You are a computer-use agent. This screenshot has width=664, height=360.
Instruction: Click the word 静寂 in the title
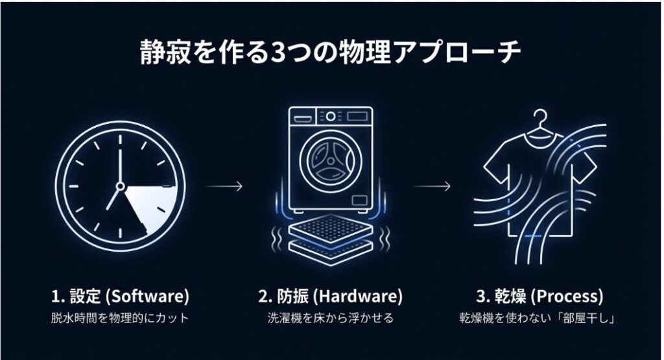coord(166,52)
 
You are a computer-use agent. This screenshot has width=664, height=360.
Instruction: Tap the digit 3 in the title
coord(277,53)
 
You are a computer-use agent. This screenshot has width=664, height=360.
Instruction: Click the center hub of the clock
coord(120,186)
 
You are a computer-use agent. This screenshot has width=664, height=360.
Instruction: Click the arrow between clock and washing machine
coord(224,186)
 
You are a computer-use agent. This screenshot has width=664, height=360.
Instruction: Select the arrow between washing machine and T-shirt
coord(431,186)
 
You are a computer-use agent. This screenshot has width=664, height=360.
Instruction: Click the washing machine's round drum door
coord(331,162)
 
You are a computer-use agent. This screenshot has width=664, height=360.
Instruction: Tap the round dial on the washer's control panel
coord(331,116)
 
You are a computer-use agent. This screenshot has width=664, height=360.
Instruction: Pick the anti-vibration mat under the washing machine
coord(331,239)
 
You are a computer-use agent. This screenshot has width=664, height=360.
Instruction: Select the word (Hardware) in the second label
coord(358,296)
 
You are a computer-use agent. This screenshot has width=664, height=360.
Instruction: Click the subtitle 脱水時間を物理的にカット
coord(119,318)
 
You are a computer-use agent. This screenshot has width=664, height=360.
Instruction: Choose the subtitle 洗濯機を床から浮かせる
coord(331,318)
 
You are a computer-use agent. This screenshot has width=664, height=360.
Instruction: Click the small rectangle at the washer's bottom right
coord(359,200)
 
